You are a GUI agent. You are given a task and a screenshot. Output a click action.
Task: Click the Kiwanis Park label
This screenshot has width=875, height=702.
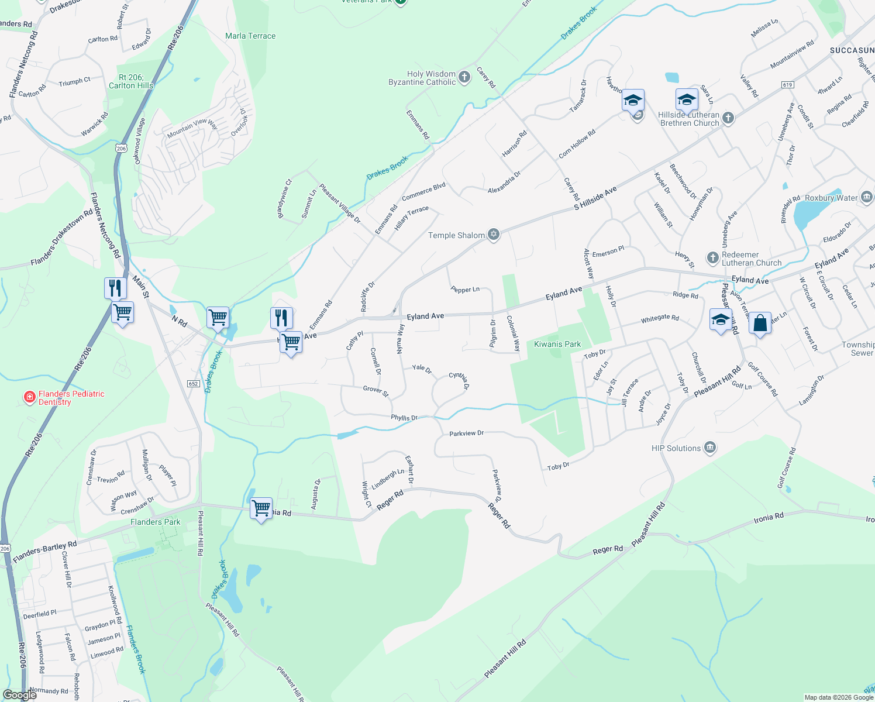[557, 344]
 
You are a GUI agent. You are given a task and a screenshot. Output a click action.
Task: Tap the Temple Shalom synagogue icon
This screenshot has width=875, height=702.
[494, 235]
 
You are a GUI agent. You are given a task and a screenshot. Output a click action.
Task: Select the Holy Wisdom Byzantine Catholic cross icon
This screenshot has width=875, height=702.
[464, 77]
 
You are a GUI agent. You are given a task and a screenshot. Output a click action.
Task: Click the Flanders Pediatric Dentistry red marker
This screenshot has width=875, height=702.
[29, 397]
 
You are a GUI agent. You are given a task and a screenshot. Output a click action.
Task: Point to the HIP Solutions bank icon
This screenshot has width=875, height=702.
[710, 448]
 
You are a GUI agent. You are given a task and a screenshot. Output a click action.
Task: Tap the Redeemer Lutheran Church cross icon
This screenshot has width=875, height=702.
[712, 257]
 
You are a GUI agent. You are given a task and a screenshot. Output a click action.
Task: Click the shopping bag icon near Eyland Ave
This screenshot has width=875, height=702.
[760, 323]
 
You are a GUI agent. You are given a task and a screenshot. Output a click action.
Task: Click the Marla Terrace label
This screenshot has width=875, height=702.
[250, 36]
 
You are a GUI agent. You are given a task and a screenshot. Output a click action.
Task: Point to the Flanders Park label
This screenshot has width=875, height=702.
[156, 522]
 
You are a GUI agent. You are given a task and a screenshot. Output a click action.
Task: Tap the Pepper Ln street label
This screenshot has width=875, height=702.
[465, 289]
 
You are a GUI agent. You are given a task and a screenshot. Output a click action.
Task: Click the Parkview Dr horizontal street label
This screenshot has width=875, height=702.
[466, 433]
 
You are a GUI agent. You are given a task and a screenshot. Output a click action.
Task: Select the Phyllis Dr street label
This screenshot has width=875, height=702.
[404, 418]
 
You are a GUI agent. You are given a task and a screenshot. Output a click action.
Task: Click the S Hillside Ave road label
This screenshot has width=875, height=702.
[595, 198]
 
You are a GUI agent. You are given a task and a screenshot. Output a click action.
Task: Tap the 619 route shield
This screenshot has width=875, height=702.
[787, 85]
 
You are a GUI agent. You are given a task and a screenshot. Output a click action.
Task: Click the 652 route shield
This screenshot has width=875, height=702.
[193, 384]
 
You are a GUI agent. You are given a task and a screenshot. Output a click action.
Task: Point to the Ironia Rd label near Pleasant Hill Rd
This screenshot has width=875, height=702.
[769, 518]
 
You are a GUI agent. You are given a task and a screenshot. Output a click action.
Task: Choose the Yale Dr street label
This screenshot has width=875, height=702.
[422, 369]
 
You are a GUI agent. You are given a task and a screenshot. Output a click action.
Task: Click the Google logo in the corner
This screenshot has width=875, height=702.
[20, 695]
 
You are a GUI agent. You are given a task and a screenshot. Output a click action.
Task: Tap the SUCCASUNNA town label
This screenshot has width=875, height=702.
[852, 50]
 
